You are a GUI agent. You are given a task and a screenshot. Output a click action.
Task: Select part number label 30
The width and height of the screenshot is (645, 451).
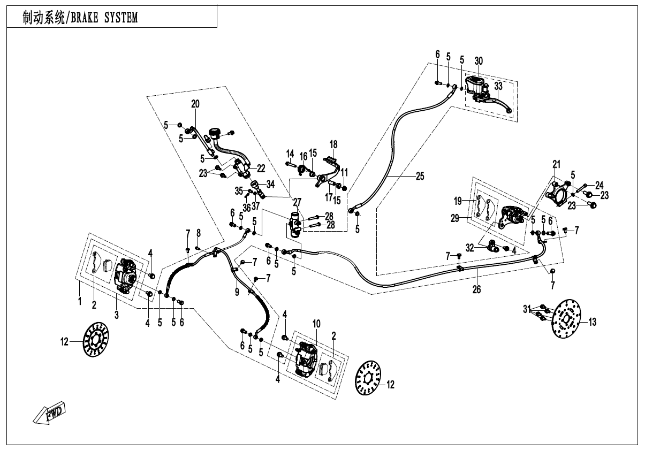tap(479, 60)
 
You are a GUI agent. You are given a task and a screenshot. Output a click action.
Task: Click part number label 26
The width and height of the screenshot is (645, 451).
tap(476, 289)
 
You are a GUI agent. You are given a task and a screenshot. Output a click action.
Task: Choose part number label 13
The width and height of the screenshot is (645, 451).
tap(592, 322)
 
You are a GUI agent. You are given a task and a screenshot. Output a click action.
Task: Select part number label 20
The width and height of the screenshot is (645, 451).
tap(195, 104)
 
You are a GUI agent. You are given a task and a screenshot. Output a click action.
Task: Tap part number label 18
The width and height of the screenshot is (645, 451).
tap(333, 144)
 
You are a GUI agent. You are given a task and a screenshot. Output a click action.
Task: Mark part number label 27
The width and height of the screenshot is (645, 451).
tap(297, 202)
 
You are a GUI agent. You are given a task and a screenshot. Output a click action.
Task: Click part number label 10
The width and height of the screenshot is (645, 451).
tap(316, 323)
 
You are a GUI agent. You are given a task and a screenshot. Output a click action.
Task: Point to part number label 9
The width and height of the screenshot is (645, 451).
tap(237, 292)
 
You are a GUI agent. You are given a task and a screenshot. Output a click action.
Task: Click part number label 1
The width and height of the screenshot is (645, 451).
tap(80, 302)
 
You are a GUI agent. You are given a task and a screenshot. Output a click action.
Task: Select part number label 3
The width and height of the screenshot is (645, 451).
tap(117, 315)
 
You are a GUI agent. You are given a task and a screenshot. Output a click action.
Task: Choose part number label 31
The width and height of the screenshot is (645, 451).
tap(527, 309)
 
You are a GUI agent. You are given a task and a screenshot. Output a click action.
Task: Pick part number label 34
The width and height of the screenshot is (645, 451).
tap(270, 185)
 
